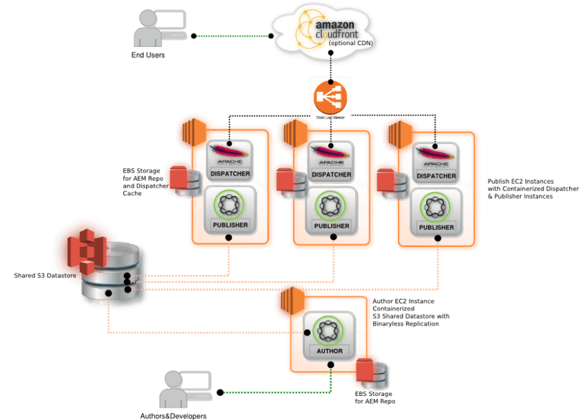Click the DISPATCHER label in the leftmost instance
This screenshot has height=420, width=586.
[x=228, y=174]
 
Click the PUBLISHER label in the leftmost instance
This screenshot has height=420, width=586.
[x=228, y=225]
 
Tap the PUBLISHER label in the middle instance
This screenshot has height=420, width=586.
[x=331, y=226]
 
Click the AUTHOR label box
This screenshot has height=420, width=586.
[x=329, y=350]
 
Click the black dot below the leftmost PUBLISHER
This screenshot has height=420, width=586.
[x=228, y=238]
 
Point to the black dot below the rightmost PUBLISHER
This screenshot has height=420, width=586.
[x=438, y=239]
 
